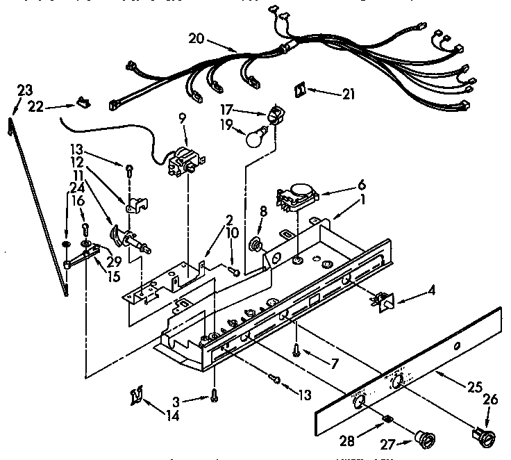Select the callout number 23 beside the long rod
click(24, 89)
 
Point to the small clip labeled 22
click(84, 102)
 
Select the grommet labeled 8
click(255, 244)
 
